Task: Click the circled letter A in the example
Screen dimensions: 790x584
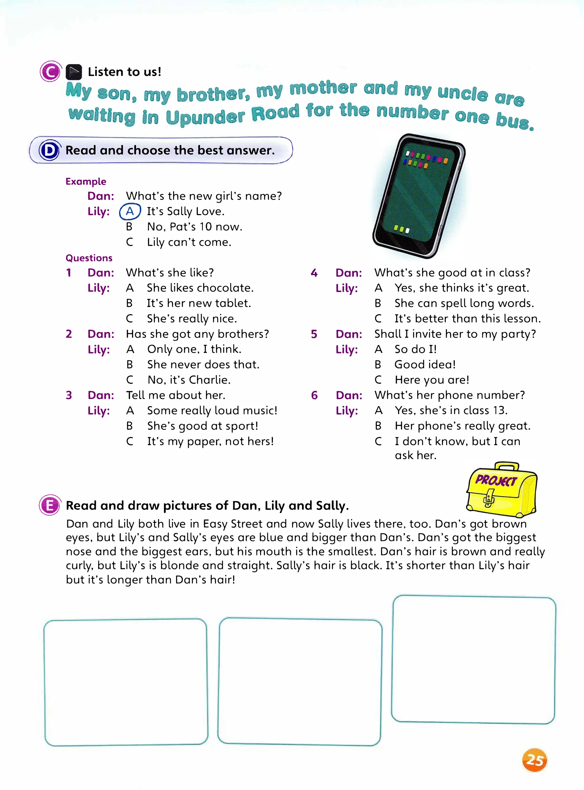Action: coord(130,211)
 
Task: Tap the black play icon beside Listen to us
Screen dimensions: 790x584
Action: coord(74,72)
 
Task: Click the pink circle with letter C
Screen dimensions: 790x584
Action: coord(50,72)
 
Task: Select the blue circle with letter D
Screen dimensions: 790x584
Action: coord(49,151)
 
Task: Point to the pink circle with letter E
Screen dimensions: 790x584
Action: coord(50,505)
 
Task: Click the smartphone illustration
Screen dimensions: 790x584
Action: coord(419,195)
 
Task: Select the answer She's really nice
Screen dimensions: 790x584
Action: coord(192,319)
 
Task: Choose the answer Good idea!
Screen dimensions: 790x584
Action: coord(425,364)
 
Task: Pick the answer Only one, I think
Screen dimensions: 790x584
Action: coord(194,349)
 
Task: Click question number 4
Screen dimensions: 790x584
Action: coord(314,273)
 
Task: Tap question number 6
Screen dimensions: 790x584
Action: coord(314,395)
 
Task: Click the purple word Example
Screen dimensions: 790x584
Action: coord(86,182)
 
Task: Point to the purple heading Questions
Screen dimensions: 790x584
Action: coord(89,258)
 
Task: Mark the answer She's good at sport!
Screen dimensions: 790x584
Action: coord(202,426)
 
